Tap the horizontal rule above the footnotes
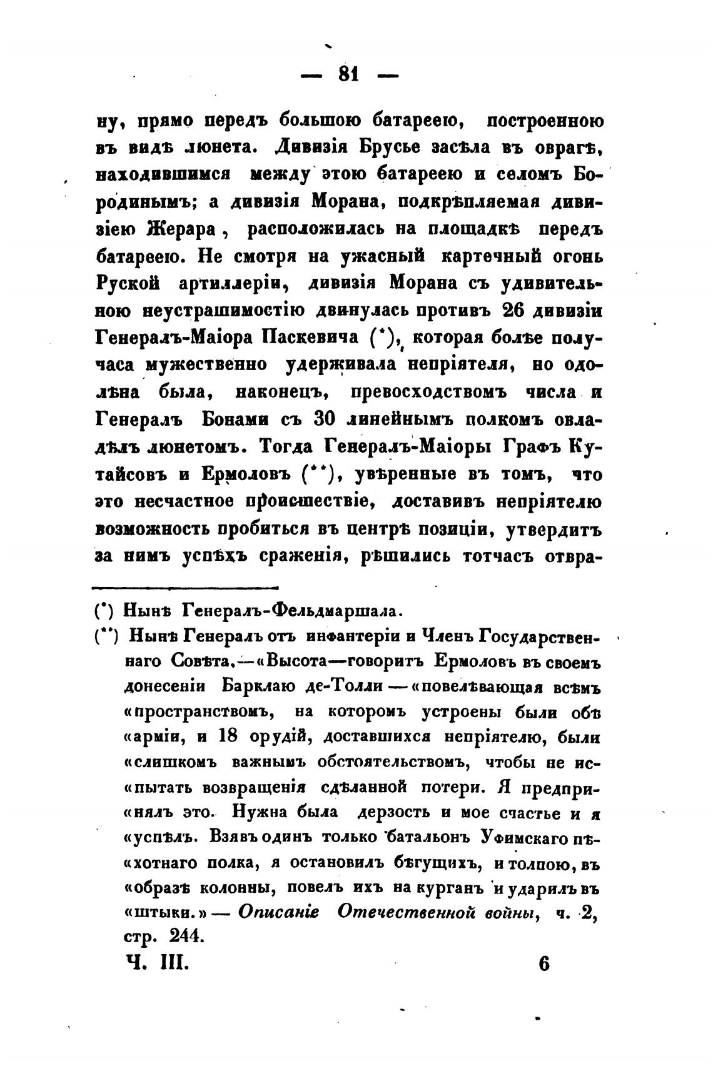point(185,587)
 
